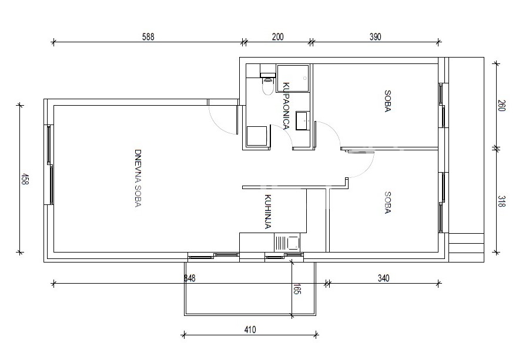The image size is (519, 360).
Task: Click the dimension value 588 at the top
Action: pyautogui.click(x=148, y=36)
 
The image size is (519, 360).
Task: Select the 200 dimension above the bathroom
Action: pyautogui.click(x=277, y=36)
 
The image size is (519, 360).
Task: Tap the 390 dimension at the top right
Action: pyautogui.click(x=375, y=36)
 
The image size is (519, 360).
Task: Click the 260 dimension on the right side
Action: pyautogui.click(x=501, y=106)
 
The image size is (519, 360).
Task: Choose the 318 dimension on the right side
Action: pyautogui.click(x=501, y=201)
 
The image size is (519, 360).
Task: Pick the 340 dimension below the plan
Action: pyautogui.click(x=383, y=278)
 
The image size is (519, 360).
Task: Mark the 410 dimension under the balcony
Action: pyautogui.click(x=250, y=329)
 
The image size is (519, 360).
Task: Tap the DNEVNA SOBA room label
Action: pyautogui.click(x=138, y=179)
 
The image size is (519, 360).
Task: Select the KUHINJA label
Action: pyautogui.click(x=268, y=211)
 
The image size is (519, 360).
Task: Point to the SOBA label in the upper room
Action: pyautogui.click(x=387, y=101)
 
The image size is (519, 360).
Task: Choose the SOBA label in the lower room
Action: pyautogui.click(x=387, y=203)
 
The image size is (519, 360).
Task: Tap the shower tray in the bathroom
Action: pyautogui.click(x=293, y=78)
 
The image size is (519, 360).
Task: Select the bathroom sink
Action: pyautogui.click(x=303, y=120)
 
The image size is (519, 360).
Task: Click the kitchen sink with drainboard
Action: pyautogui.click(x=287, y=243)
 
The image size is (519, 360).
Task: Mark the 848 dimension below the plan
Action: pyautogui.click(x=190, y=278)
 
